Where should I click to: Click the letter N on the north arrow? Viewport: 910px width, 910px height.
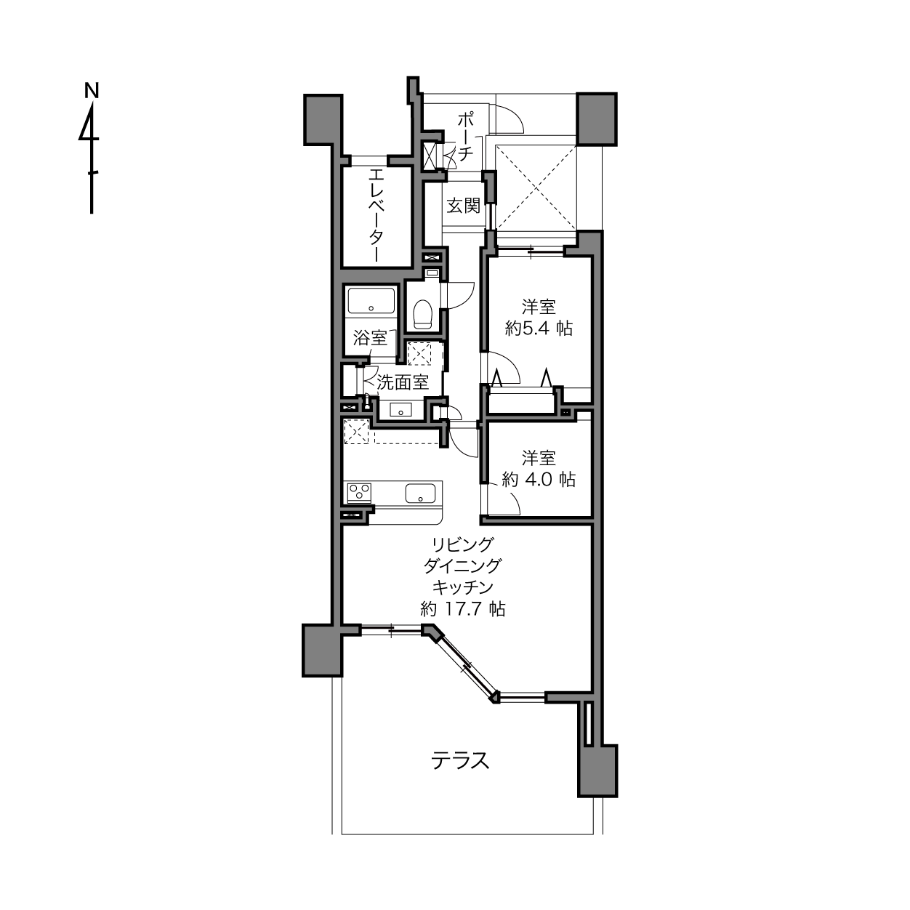click(x=92, y=90)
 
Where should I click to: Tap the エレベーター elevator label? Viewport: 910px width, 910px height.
click(x=377, y=215)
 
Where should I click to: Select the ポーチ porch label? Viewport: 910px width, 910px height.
click(x=465, y=137)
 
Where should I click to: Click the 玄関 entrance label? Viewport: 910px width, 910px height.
click(x=463, y=206)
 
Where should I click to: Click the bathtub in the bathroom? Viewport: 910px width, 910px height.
click(x=371, y=300)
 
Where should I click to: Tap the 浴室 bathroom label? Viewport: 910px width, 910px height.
click(x=370, y=338)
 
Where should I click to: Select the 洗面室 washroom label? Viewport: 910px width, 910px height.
click(x=403, y=382)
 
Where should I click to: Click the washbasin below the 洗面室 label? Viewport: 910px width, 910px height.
click(x=401, y=409)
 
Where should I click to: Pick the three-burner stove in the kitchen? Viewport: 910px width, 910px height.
click(x=359, y=492)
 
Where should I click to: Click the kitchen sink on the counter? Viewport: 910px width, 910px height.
click(x=420, y=494)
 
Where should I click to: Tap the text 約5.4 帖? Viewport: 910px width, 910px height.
click(x=539, y=328)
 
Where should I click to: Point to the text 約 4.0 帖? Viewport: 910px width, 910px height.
click(x=539, y=480)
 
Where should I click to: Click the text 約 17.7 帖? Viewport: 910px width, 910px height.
click(x=463, y=609)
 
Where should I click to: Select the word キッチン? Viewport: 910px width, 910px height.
click(x=463, y=587)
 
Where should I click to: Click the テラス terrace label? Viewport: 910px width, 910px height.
click(x=460, y=761)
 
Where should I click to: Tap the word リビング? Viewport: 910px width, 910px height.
click(x=463, y=544)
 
